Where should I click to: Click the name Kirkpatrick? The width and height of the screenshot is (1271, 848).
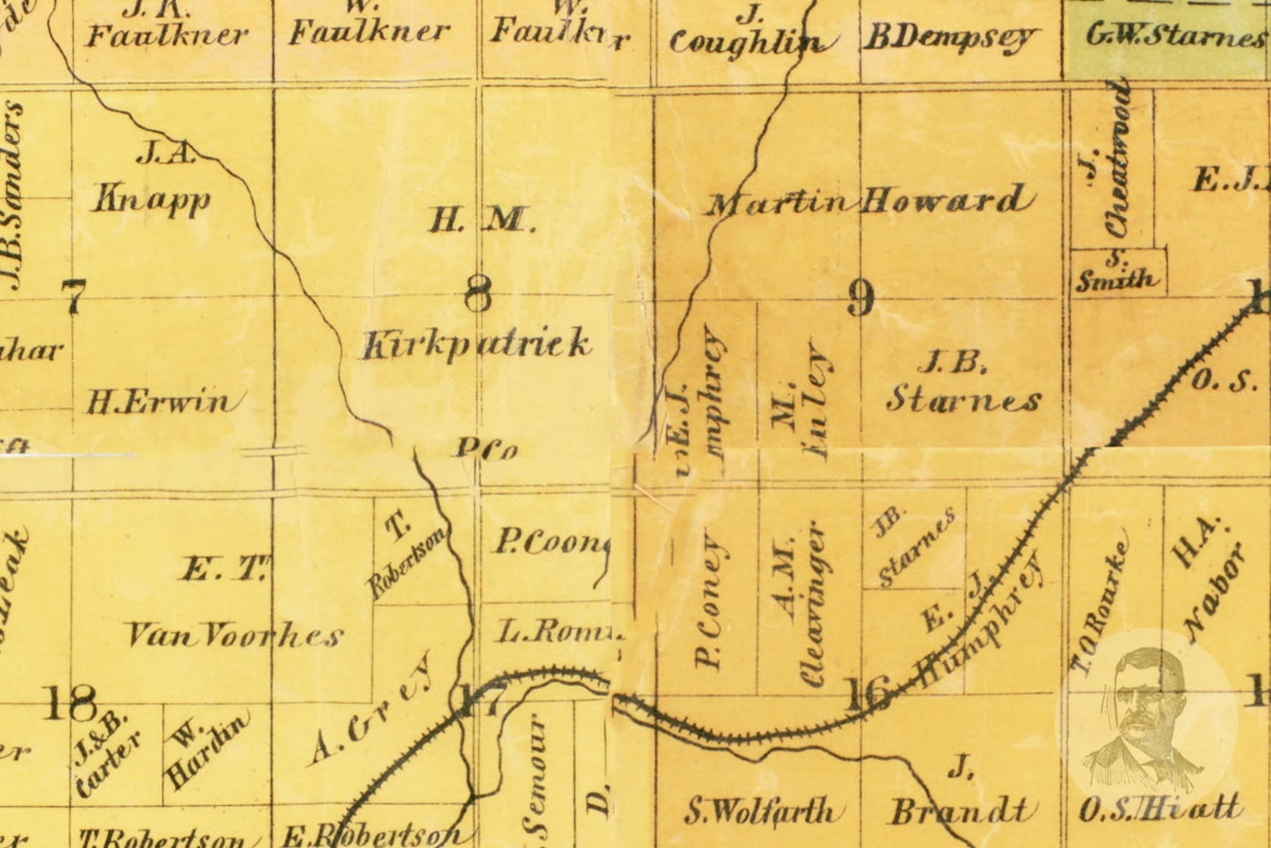pyautogui.click(x=477, y=344)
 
